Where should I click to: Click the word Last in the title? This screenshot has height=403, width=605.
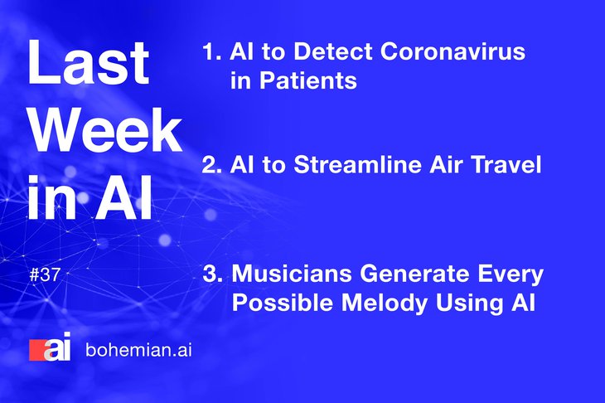click(x=89, y=62)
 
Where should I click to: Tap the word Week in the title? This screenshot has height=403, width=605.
click(x=105, y=130)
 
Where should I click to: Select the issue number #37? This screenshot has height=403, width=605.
click(x=45, y=274)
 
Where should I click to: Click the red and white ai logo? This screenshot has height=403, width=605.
click(x=51, y=347)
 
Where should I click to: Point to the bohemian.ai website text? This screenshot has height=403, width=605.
click(x=138, y=350)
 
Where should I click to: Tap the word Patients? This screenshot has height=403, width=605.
click(x=308, y=80)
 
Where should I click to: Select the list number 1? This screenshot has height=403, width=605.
click(x=211, y=51)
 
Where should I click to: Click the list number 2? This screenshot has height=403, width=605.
click(x=212, y=164)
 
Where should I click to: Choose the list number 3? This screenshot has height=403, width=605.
click(x=212, y=274)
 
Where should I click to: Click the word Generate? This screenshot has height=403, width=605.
click(x=414, y=274)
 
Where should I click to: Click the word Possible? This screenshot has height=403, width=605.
click(x=283, y=302)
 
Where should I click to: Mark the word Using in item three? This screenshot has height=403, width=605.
click(x=469, y=303)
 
